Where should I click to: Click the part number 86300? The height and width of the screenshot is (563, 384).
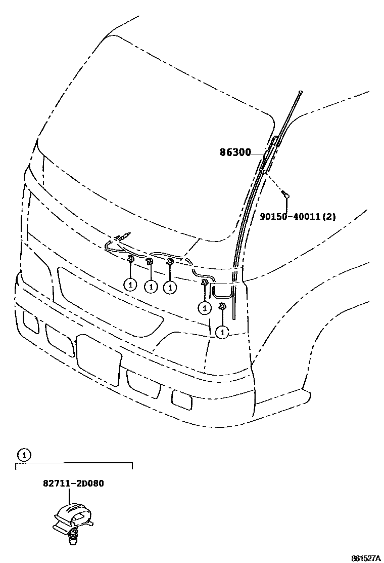(x=235, y=152)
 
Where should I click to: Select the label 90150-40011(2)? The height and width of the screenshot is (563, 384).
(x=298, y=217)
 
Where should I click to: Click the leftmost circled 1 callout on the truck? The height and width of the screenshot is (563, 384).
(x=130, y=285)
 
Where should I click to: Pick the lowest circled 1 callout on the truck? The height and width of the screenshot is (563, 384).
(x=222, y=332)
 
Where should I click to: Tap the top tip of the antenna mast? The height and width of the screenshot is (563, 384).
(x=300, y=92)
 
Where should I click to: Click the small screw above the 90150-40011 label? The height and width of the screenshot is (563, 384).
(x=285, y=194)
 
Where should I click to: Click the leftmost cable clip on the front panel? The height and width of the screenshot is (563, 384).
(x=130, y=260)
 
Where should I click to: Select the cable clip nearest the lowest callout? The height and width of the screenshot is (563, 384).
(x=221, y=306)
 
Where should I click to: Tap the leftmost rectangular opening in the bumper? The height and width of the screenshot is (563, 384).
(x=31, y=322)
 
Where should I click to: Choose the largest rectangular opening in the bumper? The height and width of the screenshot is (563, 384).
(x=99, y=358)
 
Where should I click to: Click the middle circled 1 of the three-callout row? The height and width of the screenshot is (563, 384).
(x=151, y=287)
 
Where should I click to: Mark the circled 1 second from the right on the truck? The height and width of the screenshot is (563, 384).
(x=205, y=307)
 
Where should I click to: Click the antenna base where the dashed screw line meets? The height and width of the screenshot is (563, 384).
(x=264, y=173)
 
